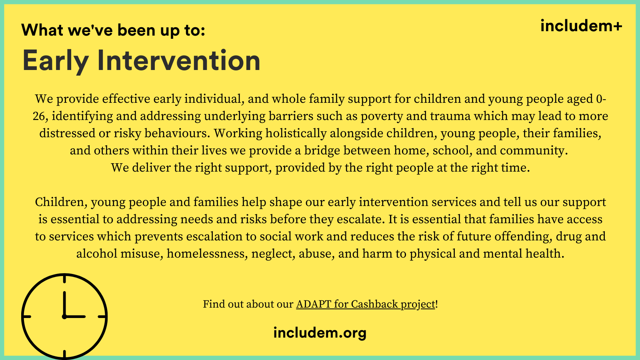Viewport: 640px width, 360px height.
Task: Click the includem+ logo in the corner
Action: pyautogui.click(x=581, y=26)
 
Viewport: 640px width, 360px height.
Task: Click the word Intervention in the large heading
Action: pyautogui.click(x=179, y=60)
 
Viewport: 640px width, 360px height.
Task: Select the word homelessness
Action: pyautogui.click(x=208, y=254)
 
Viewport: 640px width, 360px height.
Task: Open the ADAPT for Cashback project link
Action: pyautogui.click(x=366, y=304)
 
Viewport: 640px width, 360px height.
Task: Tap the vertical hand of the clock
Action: pyautogui.click(x=64, y=304)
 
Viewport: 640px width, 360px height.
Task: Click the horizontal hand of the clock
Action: pyautogui.click(x=75, y=316)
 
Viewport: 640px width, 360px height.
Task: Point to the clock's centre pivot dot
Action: pyautogui.click(x=64, y=316)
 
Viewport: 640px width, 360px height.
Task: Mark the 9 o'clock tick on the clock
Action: pyautogui.click(x=27, y=316)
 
